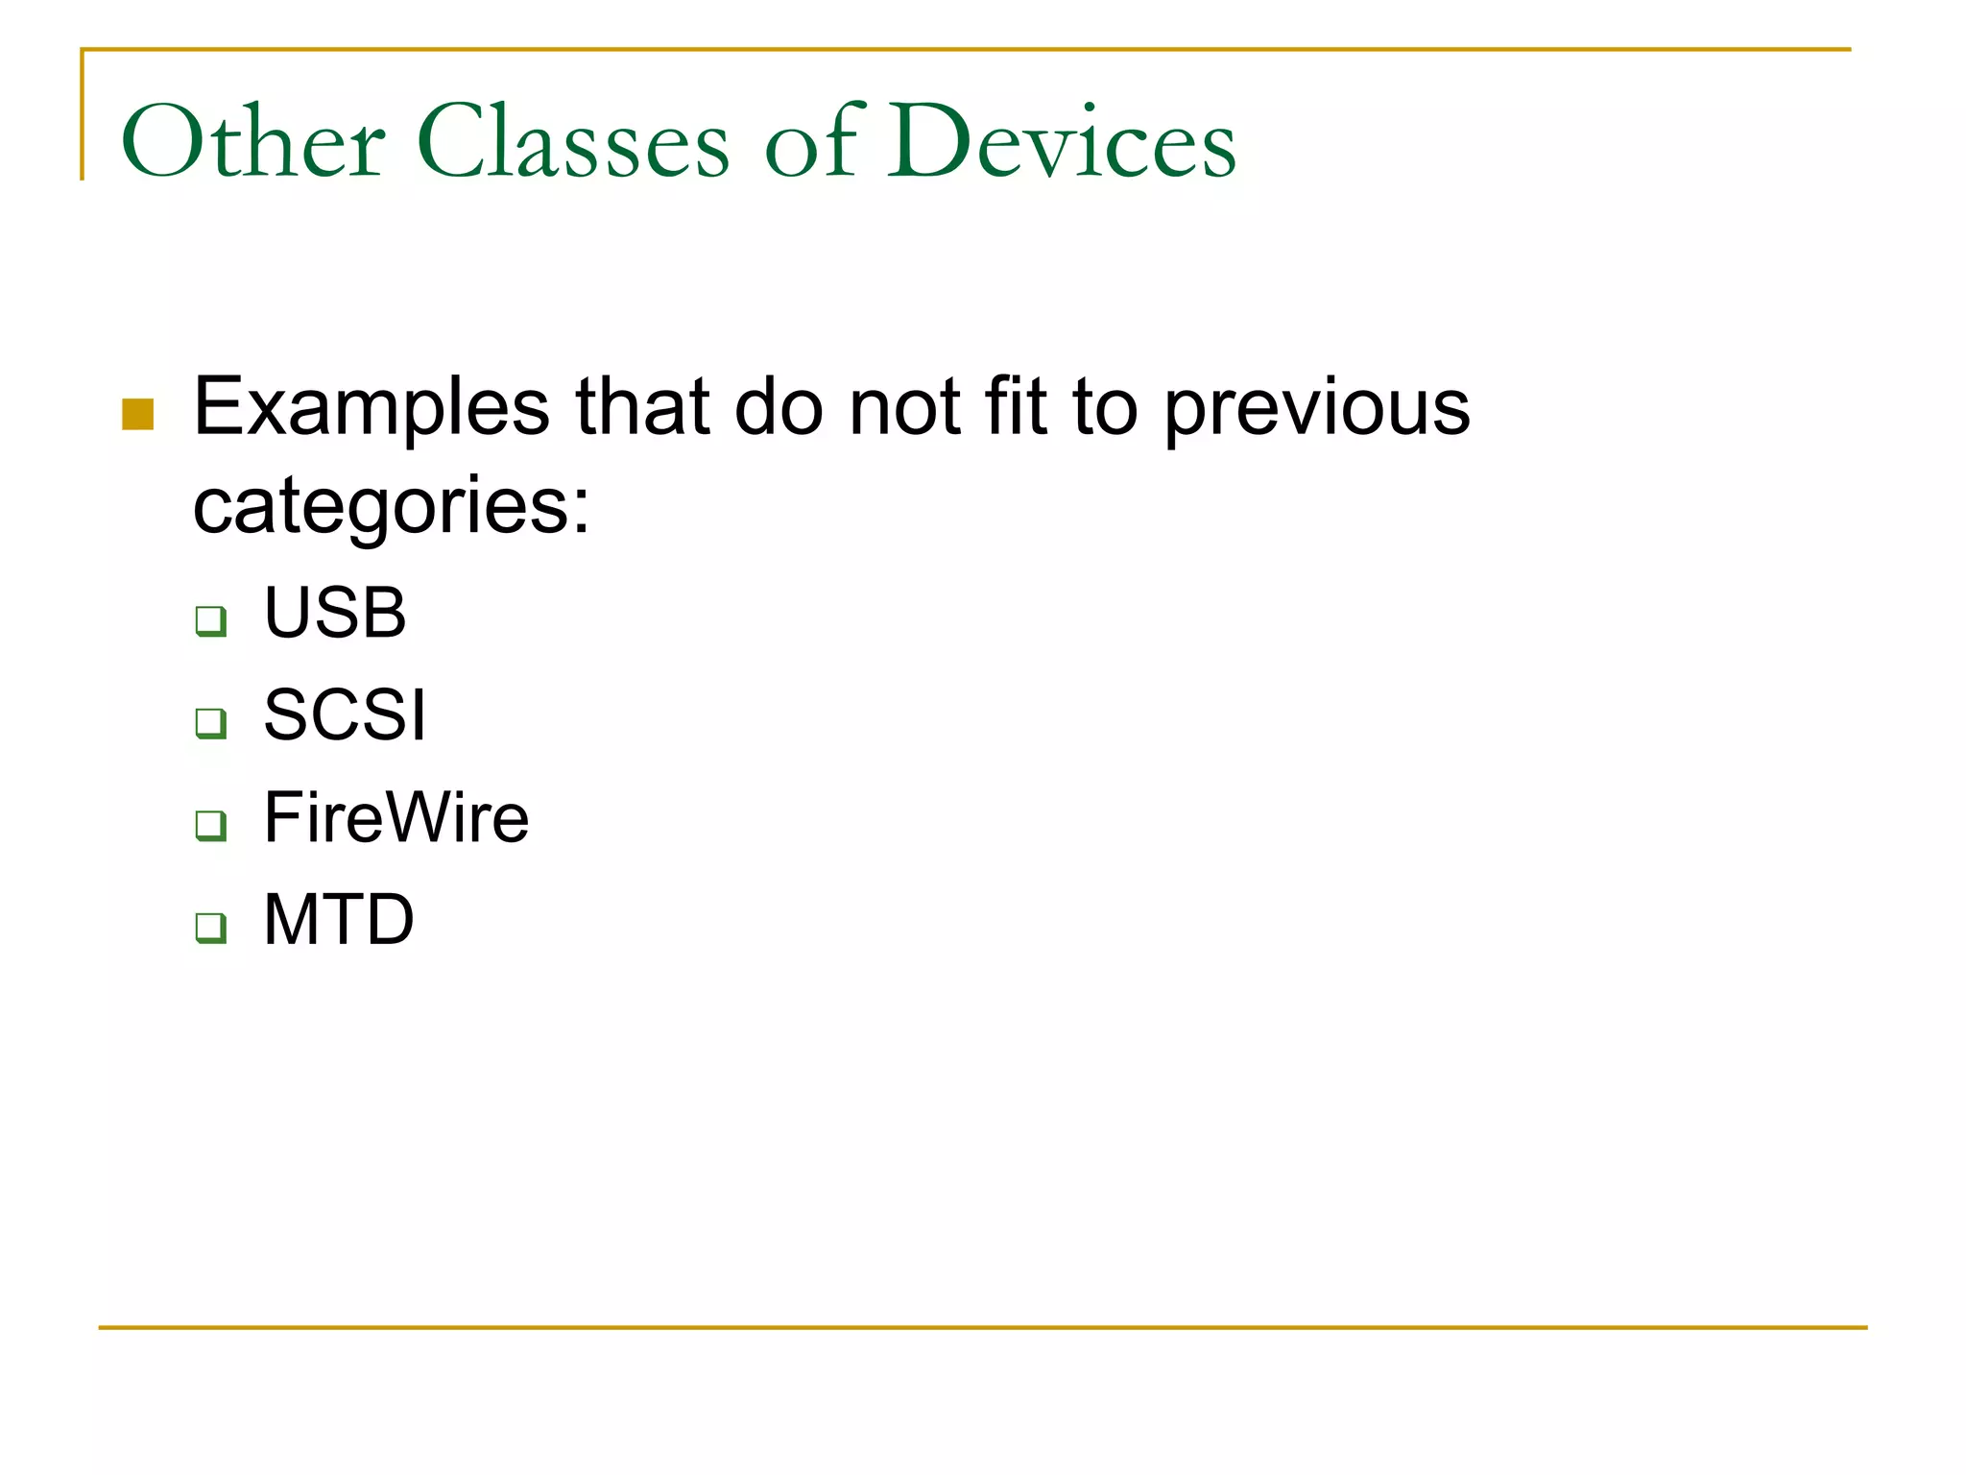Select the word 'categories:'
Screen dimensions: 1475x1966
(x=391, y=507)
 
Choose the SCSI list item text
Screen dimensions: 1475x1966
(x=344, y=715)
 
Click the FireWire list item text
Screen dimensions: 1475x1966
(x=396, y=818)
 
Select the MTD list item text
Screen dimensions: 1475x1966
(x=339, y=920)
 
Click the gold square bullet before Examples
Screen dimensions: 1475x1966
(x=138, y=415)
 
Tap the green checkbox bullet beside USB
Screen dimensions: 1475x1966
(x=211, y=620)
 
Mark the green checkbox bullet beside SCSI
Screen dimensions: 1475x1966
(x=211, y=723)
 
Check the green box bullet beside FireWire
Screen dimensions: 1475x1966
(x=211, y=825)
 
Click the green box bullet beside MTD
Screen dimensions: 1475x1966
(x=211, y=928)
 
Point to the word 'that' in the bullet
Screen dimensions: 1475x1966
(x=642, y=407)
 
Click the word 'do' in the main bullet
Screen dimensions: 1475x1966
(x=779, y=407)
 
